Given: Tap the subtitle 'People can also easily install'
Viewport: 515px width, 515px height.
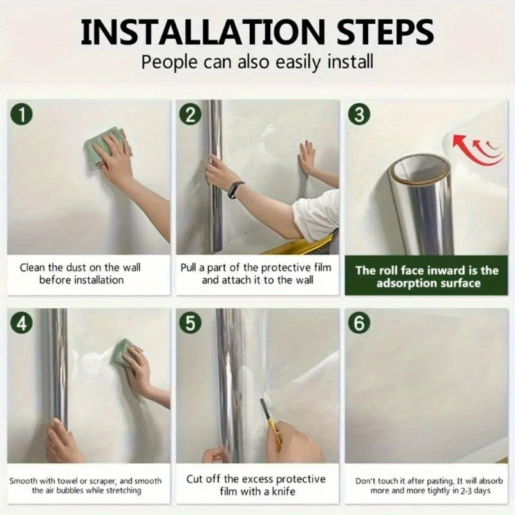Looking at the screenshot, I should (257, 62).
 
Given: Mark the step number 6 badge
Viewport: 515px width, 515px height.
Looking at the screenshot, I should (359, 323).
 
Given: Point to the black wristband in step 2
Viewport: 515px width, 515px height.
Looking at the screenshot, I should (236, 189).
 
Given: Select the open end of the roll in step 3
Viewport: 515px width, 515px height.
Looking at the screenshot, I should (422, 169).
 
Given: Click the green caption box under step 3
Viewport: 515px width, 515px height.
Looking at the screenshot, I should (426, 277).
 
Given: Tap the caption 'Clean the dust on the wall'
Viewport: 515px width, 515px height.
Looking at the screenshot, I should (80, 268).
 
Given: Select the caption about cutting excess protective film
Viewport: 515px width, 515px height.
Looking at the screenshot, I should (256, 485).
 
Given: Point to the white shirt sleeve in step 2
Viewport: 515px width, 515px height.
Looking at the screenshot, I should (317, 216).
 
